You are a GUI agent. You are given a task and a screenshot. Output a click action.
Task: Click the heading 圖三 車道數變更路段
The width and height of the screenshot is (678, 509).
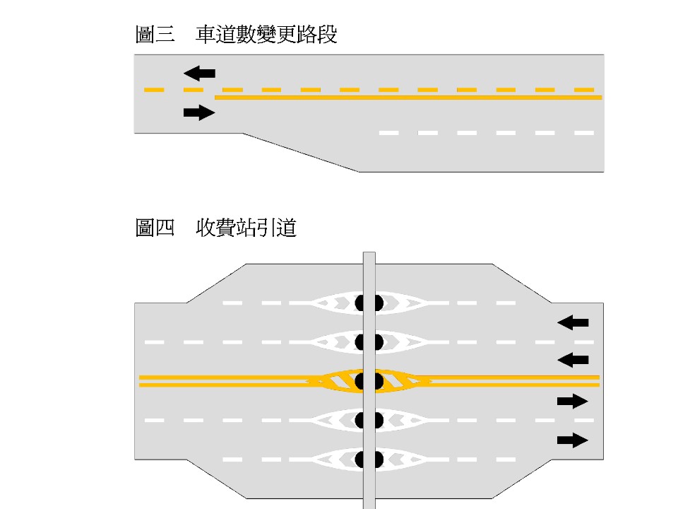pos(236,35)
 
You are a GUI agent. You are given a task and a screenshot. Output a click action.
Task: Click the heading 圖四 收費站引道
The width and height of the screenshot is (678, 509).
pos(215,228)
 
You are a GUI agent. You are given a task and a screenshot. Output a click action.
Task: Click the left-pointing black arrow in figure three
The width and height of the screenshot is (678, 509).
pos(199,72)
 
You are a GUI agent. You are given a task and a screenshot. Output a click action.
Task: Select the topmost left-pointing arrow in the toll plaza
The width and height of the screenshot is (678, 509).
pos(573,322)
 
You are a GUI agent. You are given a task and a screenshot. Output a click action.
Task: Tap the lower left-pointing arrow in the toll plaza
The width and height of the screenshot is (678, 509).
pos(573,359)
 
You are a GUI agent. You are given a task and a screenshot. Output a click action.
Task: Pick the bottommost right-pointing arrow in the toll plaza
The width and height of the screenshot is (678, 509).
pos(573,440)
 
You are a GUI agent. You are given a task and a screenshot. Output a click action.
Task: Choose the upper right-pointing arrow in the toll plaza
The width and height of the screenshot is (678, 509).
pos(573,402)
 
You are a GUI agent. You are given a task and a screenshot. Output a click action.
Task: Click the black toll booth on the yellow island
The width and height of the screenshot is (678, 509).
pos(369,381)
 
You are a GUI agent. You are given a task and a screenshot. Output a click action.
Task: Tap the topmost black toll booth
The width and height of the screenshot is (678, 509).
pos(369,303)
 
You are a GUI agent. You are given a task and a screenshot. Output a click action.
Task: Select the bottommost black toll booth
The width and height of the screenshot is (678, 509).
pos(369,460)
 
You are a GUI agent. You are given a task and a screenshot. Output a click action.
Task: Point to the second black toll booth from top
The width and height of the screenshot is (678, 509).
pos(369,342)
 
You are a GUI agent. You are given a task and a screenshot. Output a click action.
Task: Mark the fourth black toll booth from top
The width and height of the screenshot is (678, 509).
pos(369,420)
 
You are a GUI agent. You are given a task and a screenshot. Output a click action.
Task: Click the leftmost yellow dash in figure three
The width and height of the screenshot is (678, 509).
pos(153,90)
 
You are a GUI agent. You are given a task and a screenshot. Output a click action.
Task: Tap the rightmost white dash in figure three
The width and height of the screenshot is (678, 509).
pos(584,133)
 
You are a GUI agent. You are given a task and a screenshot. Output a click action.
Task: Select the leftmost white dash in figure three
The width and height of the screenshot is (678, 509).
pos(389,133)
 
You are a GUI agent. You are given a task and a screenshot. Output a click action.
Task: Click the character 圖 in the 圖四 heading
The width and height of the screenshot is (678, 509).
pos(145,228)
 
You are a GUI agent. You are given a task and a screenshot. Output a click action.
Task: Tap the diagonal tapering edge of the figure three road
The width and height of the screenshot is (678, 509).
pos(302,152)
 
